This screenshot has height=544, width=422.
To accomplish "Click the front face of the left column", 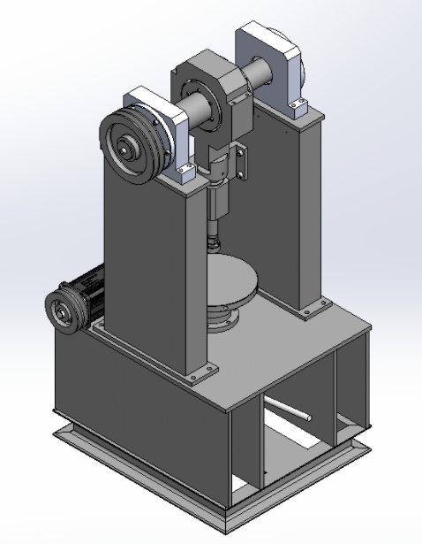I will click(x=146, y=265).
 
